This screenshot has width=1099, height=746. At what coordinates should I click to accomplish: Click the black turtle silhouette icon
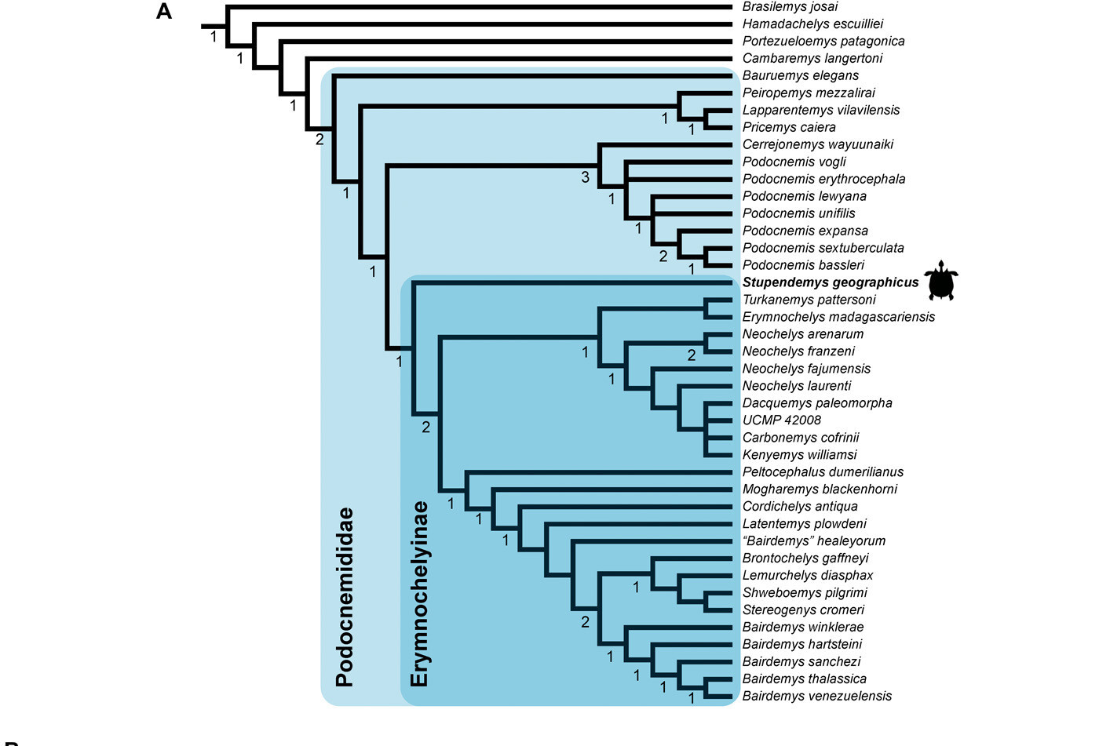[x=941, y=280]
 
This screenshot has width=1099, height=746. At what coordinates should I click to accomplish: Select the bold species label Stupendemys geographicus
[x=831, y=282]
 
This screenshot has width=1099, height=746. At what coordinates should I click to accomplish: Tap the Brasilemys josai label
[x=790, y=7]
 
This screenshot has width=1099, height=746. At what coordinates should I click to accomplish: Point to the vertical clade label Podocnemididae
[x=345, y=597]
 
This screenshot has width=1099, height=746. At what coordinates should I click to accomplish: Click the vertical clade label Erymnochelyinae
[x=419, y=594]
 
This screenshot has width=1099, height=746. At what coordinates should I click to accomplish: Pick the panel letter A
[x=164, y=12]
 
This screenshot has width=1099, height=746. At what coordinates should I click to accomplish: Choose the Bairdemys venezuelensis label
[x=817, y=696]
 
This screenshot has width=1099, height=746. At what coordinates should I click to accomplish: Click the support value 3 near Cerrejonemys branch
[x=585, y=177]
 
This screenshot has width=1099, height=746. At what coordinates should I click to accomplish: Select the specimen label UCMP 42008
[x=782, y=420]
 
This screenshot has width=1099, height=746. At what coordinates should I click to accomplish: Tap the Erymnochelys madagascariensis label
[x=838, y=317]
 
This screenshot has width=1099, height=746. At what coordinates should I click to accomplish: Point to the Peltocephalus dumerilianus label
[x=823, y=472]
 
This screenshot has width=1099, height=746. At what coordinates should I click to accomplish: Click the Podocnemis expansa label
[x=805, y=231]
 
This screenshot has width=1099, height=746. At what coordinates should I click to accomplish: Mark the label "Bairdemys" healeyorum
[x=814, y=540]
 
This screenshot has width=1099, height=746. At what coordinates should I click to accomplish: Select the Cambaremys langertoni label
[x=812, y=58]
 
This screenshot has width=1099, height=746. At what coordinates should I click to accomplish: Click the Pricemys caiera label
[x=789, y=127]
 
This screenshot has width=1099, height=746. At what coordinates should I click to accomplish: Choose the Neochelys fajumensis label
[x=807, y=369]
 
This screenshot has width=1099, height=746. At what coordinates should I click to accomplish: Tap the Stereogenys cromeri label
[x=803, y=610]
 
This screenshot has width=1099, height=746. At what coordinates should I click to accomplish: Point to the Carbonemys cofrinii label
[x=801, y=437]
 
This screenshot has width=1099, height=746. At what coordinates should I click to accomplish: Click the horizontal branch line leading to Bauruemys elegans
[x=532, y=76]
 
